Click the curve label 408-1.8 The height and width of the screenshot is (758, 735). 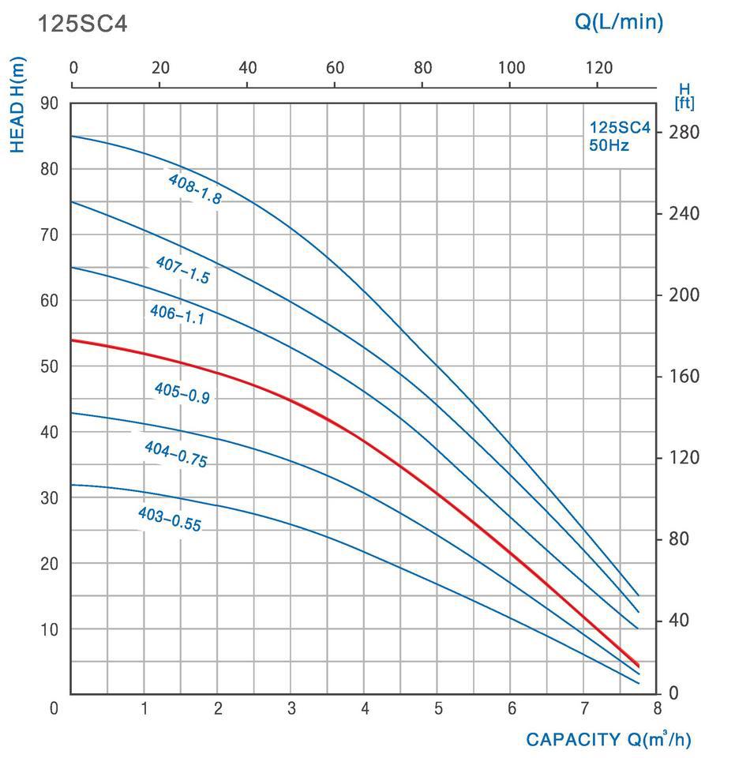point(194,189)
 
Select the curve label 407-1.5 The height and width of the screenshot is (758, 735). point(182,269)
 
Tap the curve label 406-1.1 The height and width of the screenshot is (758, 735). point(177,315)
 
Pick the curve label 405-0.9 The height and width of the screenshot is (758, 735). point(182,392)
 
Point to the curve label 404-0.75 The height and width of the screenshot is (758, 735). point(175,454)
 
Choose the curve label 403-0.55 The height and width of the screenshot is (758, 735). point(169,519)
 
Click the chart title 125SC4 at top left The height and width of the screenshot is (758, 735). point(82,24)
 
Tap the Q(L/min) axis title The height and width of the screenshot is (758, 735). point(618,21)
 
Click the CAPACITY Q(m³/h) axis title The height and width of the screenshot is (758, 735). point(608,740)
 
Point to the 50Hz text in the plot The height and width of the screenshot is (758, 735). point(609,145)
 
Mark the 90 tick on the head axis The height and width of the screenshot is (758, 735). point(50,103)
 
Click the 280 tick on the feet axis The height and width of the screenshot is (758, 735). point(684,132)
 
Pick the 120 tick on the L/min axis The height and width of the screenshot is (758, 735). point(598,68)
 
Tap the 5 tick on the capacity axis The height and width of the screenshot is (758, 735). point(438,708)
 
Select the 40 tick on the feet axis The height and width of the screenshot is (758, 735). point(679,620)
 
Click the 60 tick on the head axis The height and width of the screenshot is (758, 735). point(50,300)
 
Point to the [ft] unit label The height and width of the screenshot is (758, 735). point(684,103)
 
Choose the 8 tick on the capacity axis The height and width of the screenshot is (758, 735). point(657,708)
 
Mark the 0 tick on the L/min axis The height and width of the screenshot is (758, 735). point(73,68)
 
